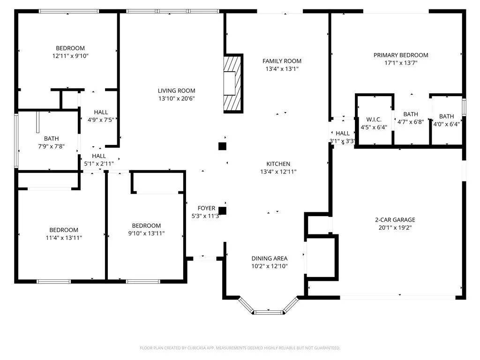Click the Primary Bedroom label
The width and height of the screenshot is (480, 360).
[x=401, y=55]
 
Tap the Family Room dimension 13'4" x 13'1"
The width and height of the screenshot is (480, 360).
[x=282, y=68]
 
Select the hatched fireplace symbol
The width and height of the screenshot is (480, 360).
[x=233, y=83]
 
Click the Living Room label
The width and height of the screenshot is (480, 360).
[x=176, y=90]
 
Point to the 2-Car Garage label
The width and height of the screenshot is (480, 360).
[x=395, y=219]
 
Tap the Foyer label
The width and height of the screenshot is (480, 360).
[x=206, y=208]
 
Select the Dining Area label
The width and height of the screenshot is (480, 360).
[x=270, y=258]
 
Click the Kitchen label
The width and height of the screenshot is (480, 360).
[x=278, y=164]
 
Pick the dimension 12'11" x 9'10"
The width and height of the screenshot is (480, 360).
[x=70, y=56]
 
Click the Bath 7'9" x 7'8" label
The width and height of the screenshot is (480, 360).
[x=52, y=138]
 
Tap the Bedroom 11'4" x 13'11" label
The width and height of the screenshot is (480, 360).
[x=64, y=230]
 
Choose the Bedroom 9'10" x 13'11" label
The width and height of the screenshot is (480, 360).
[x=146, y=225]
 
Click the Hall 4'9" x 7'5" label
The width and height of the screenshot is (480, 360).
[x=101, y=112]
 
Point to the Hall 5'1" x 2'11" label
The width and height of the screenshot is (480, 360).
[x=99, y=156]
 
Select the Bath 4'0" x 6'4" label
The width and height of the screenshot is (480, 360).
[x=446, y=116]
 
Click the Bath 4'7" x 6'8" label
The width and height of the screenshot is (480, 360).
[x=411, y=114]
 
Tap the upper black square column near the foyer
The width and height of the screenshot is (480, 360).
[x=223, y=146]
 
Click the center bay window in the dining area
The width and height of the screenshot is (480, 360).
[x=269, y=311]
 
